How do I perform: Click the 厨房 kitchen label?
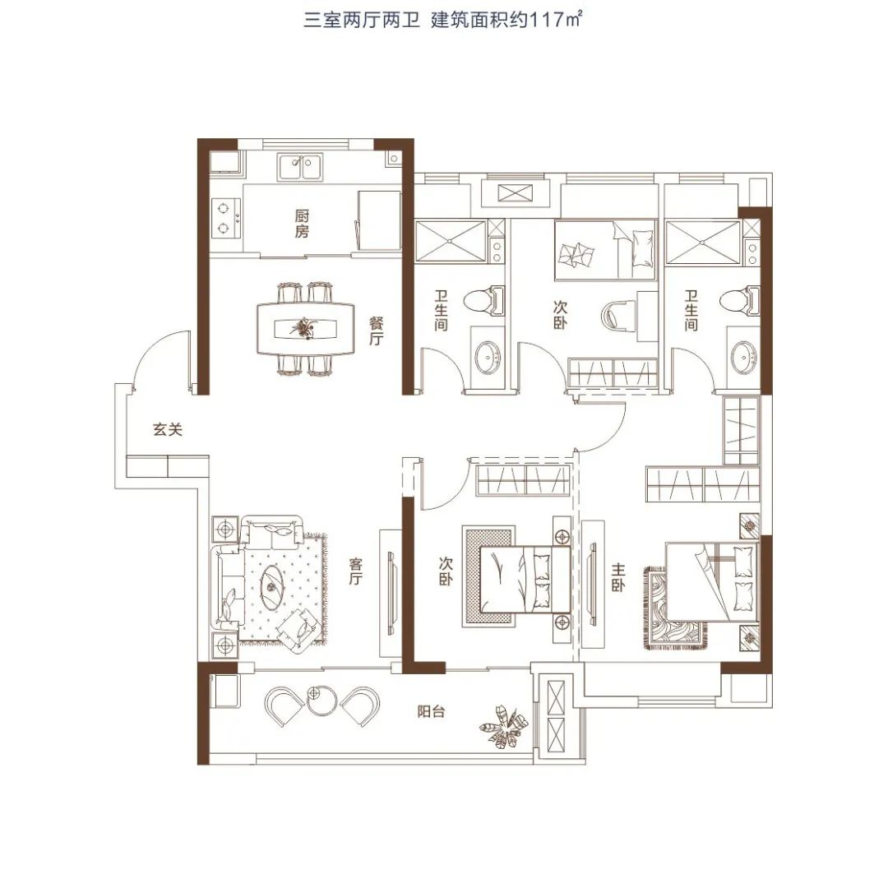pos(302,224)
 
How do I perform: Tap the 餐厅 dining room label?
pos(376,332)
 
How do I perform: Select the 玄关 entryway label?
pos(168,430)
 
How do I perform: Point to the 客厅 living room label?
pos(355,571)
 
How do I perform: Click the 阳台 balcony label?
pos(431,711)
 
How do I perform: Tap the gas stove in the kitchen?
pos(226,218)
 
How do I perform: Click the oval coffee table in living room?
pos(274,586)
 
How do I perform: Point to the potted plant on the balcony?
pos(503,727)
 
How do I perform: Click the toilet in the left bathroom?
pos(484,301)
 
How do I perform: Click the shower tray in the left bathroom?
pos(451,241)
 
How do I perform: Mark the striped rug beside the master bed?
pos(674,608)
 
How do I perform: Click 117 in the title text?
pos(541,21)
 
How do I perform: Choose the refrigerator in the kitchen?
pos(379,220)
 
